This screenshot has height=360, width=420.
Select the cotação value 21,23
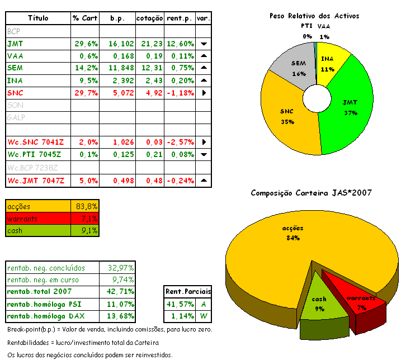click(x=149, y=44)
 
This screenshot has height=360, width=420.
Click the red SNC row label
click(x=15, y=93)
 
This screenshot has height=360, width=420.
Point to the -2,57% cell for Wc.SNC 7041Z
click(x=180, y=142)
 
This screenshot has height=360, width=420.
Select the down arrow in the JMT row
click(x=204, y=44)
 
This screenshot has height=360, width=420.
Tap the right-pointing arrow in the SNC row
click(x=204, y=93)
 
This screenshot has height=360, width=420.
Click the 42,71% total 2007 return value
click(x=116, y=292)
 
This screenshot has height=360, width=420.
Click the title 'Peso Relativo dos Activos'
click(x=314, y=16)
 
